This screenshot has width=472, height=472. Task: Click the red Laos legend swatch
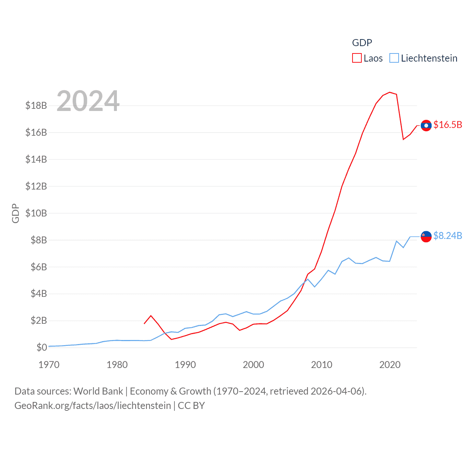click(x=357, y=58)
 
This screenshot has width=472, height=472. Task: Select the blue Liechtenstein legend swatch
click(x=394, y=58)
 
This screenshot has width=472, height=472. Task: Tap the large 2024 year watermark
click(x=88, y=101)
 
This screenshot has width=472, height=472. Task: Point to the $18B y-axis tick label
click(x=36, y=105)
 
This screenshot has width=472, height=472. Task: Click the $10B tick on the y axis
click(x=36, y=213)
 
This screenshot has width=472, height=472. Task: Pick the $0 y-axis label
click(x=42, y=347)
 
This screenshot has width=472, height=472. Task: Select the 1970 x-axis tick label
click(x=49, y=365)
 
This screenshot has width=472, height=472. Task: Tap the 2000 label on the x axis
click(x=253, y=365)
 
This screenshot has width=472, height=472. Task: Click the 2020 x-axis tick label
click(x=390, y=365)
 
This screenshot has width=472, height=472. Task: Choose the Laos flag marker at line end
click(x=426, y=125)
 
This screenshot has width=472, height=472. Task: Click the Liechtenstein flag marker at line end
click(x=426, y=236)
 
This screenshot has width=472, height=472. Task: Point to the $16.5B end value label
click(x=448, y=125)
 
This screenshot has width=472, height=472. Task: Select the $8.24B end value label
click(x=448, y=236)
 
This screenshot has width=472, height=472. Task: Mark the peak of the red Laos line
click(x=390, y=92)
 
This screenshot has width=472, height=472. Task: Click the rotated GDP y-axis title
click(x=15, y=213)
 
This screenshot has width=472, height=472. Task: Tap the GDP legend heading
click(x=362, y=43)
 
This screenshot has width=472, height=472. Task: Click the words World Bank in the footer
click(x=98, y=391)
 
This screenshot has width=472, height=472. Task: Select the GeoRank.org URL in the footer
click(x=93, y=406)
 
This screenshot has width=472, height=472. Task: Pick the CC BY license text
click(x=191, y=406)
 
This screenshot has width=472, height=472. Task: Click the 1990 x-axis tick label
click(x=185, y=365)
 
